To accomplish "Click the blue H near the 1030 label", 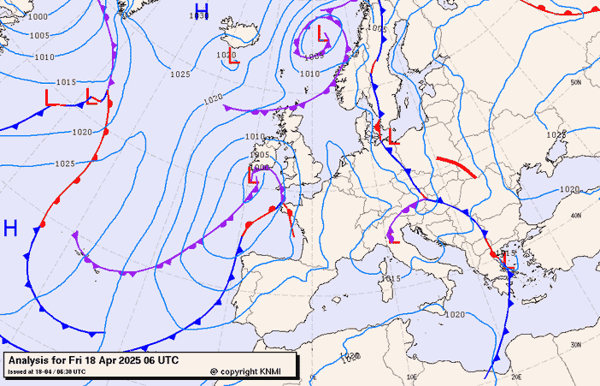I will point(201,11).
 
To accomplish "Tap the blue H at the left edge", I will point(10,229).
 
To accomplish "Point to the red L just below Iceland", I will point(233,62).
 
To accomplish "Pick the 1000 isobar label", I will point(38,16).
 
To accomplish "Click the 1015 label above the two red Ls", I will point(66,82).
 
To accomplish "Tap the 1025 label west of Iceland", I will point(179,74).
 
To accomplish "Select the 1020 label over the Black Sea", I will point(570,189).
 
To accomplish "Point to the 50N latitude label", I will point(576,83).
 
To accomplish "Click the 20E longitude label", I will point(515,376).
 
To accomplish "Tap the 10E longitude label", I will point(413,376).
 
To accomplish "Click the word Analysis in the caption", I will point(32,360).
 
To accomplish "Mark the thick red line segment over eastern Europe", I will point(456,166).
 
